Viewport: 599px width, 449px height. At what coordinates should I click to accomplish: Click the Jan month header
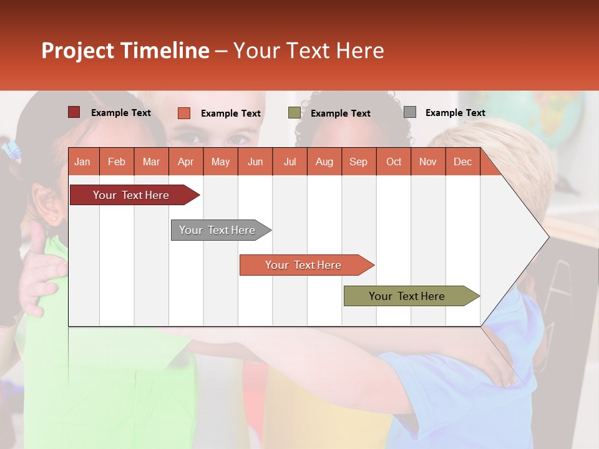click(82, 162)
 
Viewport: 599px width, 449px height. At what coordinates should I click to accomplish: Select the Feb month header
click(117, 162)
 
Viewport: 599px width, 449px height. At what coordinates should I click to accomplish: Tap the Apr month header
click(185, 162)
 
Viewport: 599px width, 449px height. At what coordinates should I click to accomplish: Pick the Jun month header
click(255, 162)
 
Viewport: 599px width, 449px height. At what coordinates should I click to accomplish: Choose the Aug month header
click(324, 162)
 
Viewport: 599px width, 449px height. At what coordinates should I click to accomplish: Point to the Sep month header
click(358, 162)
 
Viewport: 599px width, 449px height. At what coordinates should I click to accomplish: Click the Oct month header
click(394, 162)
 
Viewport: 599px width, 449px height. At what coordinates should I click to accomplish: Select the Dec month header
click(462, 162)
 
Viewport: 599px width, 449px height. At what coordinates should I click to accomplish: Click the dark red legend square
click(74, 112)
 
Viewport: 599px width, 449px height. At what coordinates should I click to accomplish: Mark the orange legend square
click(183, 113)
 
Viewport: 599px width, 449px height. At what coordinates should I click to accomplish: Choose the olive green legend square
click(294, 113)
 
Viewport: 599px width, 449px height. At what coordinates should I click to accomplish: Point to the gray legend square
click(409, 112)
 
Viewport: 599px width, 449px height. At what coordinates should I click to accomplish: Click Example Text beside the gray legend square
click(455, 113)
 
